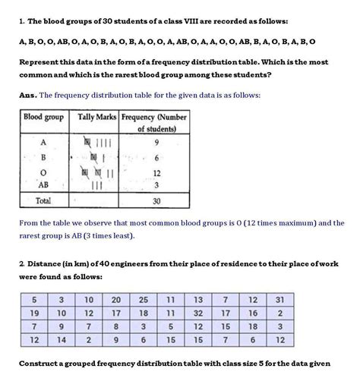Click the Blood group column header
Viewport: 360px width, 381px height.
coord(43,118)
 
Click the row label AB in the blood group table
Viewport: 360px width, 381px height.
coord(43,184)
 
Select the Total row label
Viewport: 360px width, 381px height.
coord(43,201)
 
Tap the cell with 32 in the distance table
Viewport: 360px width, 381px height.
coord(198,313)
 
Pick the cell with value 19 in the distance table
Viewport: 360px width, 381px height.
coord(34,313)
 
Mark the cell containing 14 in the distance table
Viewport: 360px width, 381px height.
coord(62,340)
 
